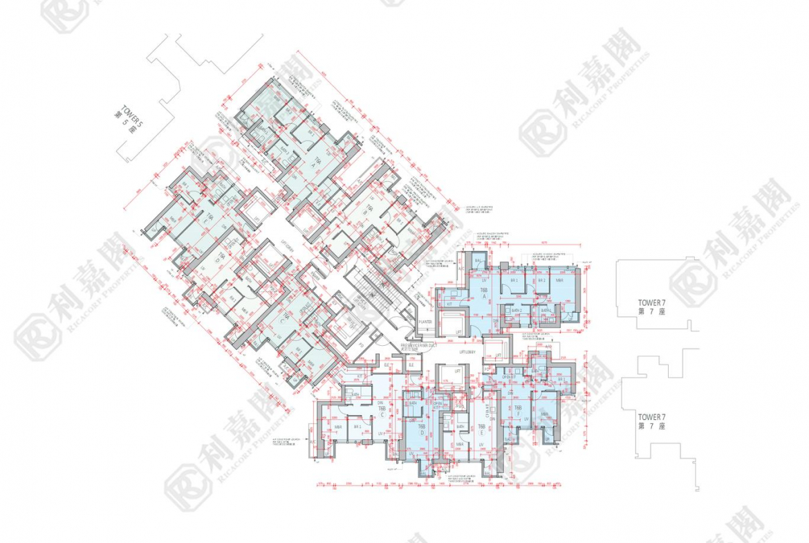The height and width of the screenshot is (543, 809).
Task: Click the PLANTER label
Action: click(425, 322)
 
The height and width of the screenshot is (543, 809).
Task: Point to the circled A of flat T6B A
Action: click(485, 296)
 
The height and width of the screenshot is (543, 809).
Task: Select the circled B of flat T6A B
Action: click(364, 212)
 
